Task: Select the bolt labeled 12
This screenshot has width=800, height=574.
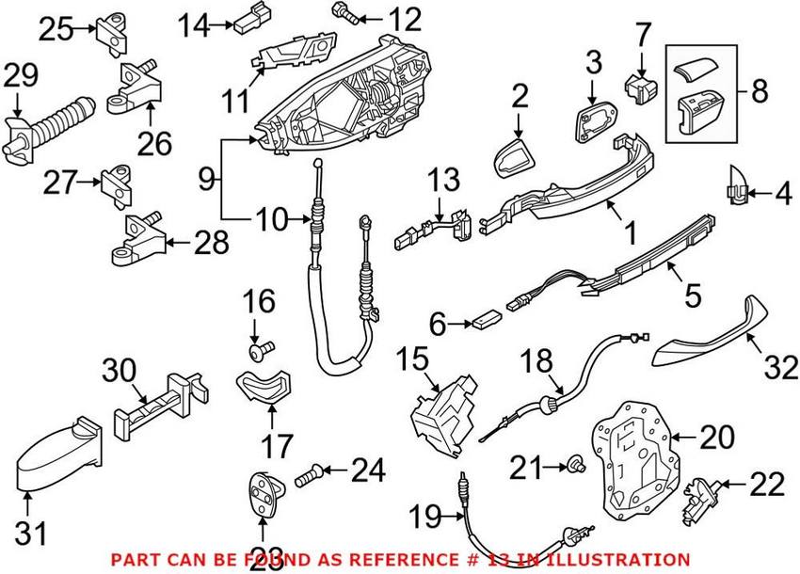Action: click(x=341, y=13)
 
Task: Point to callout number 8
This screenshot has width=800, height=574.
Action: click(x=760, y=92)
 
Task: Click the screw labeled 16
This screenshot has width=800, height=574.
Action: click(x=261, y=351)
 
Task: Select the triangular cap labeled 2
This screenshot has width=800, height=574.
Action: click(x=512, y=155)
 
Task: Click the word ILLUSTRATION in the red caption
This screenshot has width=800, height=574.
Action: click(x=622, y=559)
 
